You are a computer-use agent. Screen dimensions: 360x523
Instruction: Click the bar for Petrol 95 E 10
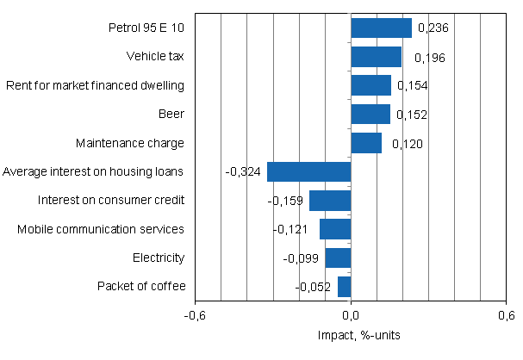tap(381, 28)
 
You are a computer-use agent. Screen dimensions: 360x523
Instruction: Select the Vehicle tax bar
tap(376, 57)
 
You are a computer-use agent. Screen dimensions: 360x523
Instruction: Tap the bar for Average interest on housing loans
tap(308, 171)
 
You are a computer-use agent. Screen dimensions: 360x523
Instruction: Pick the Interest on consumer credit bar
tap(330, 201)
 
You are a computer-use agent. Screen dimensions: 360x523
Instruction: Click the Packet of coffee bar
tap(344, 287)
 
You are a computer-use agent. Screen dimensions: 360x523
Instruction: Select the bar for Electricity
tap(338, 258)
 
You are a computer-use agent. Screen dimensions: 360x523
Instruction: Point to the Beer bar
tap(370, 115)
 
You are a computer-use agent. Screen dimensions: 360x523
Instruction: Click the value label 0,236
tap(433, 28)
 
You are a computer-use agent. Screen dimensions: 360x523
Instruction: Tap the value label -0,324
tap(243, 172)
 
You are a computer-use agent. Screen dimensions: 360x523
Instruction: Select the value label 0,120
tap(407, 144)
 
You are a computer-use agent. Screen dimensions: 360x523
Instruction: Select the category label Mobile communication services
tap(102, 229)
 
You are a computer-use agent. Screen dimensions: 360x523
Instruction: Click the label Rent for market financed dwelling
tap(96, 85)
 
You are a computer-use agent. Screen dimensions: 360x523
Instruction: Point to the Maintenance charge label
tap(130, 143)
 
